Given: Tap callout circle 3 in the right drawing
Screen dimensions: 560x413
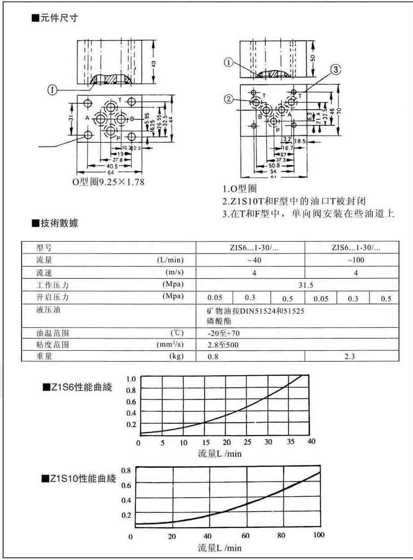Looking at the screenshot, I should pos(336,69).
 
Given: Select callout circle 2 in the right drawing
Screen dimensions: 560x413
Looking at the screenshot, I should pos(228,99).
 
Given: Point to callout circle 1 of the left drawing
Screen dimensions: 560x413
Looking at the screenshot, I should pos(53,90).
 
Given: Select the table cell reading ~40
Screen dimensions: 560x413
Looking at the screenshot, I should pos(250,260).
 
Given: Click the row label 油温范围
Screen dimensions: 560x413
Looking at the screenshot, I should pos(53,333).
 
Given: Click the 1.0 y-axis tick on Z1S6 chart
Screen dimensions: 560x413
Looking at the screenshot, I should pos(131,379).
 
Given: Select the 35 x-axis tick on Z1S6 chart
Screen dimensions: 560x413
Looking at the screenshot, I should pos(290,442).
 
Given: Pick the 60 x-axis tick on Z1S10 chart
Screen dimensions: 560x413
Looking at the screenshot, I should pos(245,536).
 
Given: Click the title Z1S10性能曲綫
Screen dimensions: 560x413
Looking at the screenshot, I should pos(79,479).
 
